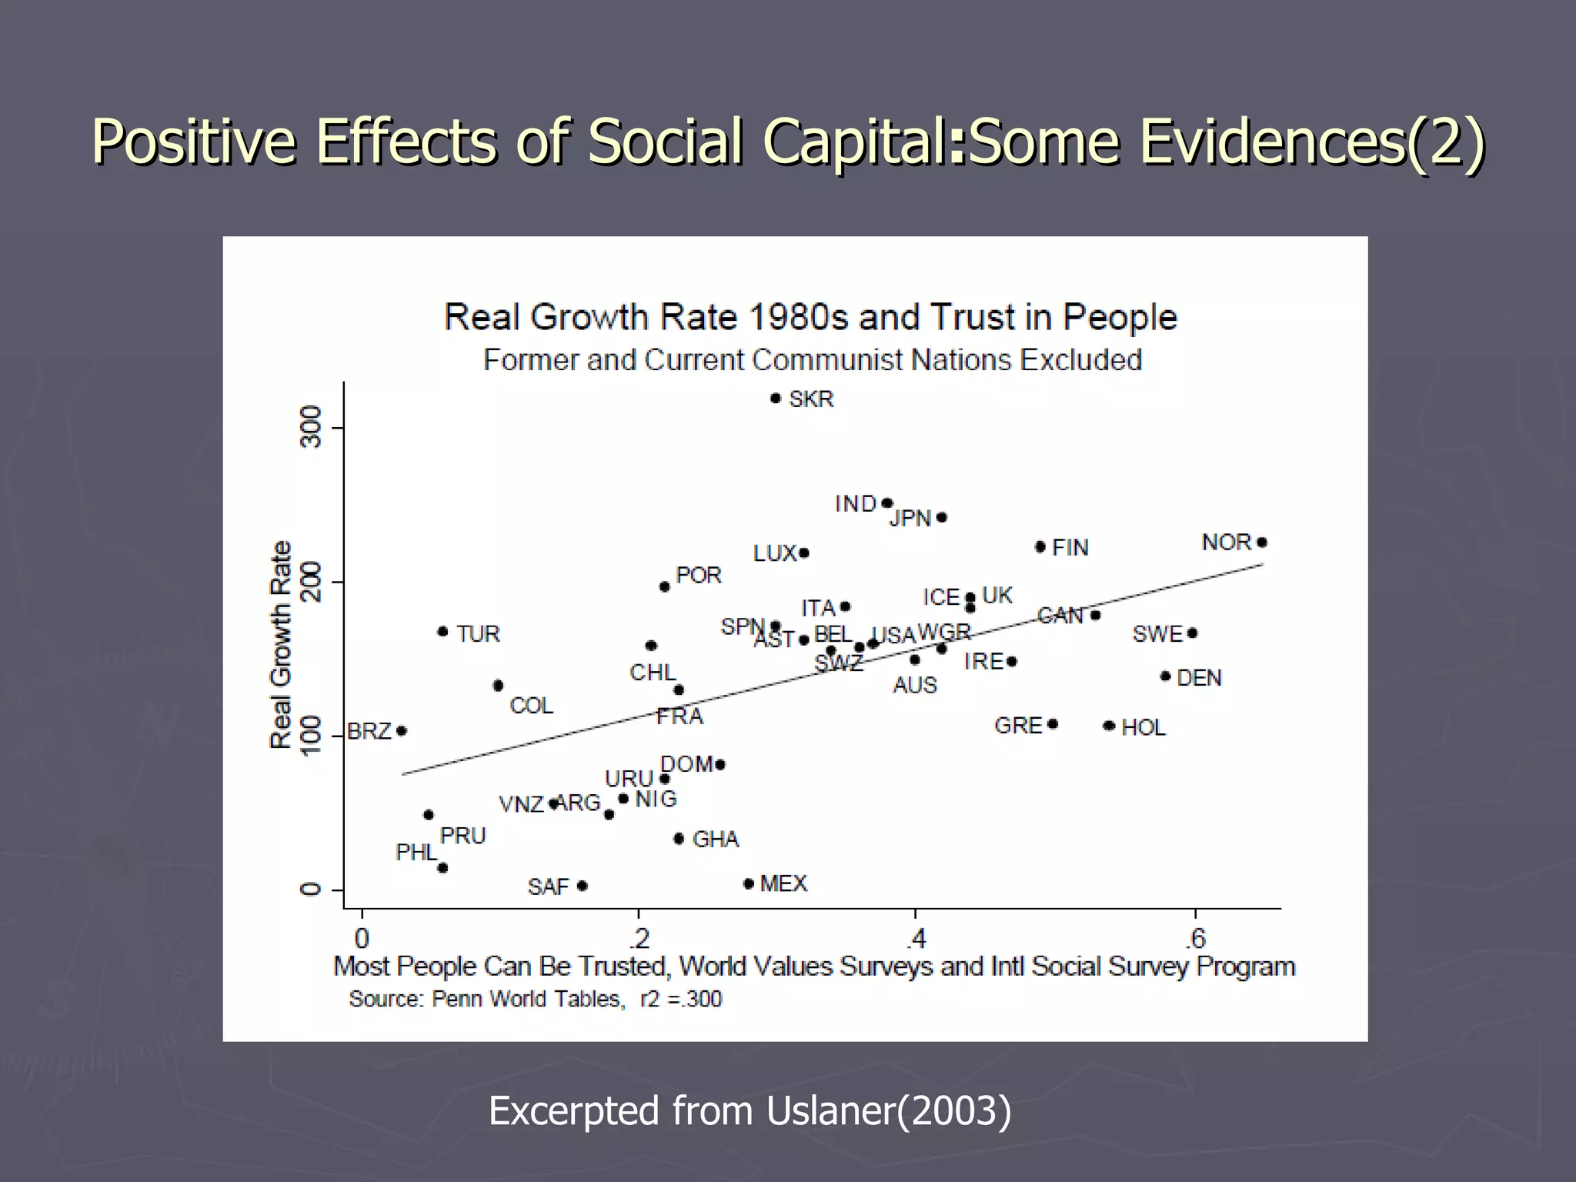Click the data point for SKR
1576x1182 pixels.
pos(775,399)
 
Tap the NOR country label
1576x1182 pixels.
pos(1227,543)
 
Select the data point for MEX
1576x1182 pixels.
pos(748,883)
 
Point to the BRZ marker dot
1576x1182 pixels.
pos(401,731)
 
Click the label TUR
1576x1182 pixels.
pos(478,634)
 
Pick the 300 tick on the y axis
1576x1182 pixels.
pos(310,427)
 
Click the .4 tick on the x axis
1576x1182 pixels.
pos(915,939)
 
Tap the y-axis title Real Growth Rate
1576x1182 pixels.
pos(281,644)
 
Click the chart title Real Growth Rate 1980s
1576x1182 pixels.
pos(810,317)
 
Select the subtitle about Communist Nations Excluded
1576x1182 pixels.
pos(812,360)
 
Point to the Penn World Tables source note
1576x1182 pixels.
pos(536,999)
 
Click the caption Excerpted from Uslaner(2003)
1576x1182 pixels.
pos(750,1111)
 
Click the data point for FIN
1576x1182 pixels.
pos(1040,547)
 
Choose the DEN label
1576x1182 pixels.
pos(1199,678)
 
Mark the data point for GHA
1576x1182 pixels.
pos(678,839)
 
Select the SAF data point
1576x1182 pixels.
pos(583,886)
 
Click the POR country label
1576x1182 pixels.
pos(698,576)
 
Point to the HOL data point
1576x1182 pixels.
pos(1109,726)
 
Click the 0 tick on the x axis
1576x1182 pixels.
pos(362,939)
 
